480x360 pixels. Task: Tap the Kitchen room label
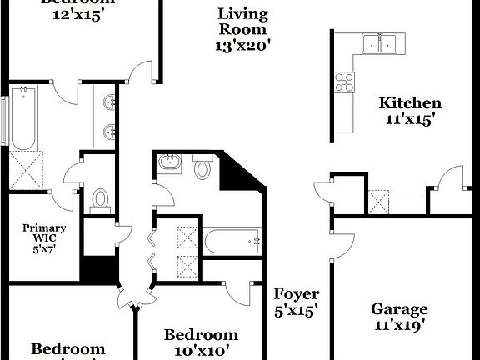click(410, 103)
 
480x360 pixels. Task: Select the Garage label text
click(399, 309)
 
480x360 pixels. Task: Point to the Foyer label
click(297, 294)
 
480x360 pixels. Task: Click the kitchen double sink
click(378, 42)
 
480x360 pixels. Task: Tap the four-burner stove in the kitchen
click(344, 82)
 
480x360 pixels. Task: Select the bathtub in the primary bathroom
click(22, 122)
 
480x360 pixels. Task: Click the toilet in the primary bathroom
click(101, 199)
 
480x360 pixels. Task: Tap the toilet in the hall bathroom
click(202, 169)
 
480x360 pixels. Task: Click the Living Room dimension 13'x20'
click(243, 47)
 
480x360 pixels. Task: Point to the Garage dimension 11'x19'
click(399, 326)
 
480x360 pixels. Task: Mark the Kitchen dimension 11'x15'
click(410, 119)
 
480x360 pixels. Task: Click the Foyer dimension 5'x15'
click(297, 311)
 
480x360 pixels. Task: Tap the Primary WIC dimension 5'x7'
click(44, 247)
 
